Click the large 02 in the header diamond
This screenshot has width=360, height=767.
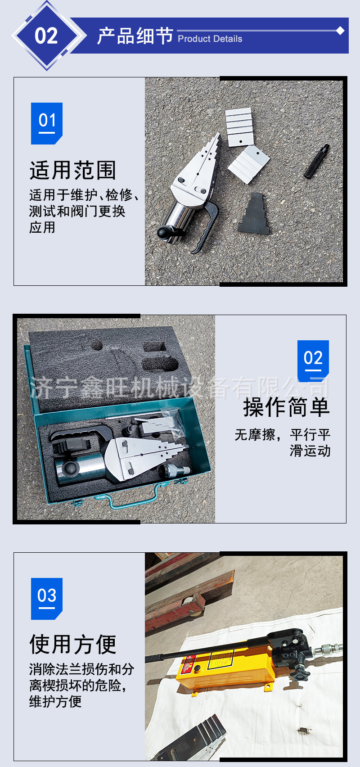coord(46,36)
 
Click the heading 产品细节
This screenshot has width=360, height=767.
coord(135,36)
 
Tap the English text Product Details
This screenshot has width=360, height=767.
coord(210,39)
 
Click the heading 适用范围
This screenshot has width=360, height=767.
coord(73,170)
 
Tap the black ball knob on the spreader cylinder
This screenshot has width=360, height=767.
coord(163,233)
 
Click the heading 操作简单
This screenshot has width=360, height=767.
coord(287,407)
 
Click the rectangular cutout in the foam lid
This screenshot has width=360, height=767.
coord(154,347)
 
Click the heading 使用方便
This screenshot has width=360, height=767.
coord(73,644)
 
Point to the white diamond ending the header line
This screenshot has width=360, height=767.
coord(340,31)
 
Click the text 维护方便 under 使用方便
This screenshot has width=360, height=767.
coord(55,701)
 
